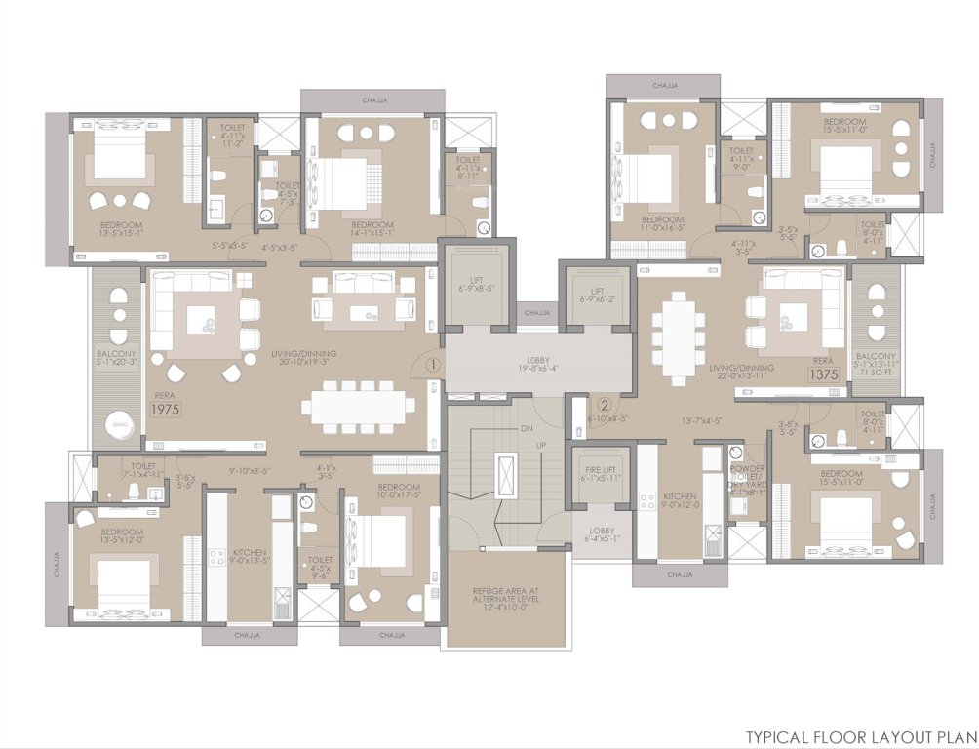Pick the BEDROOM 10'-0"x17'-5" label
[399, 492]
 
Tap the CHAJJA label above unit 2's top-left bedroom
[651, 85]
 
